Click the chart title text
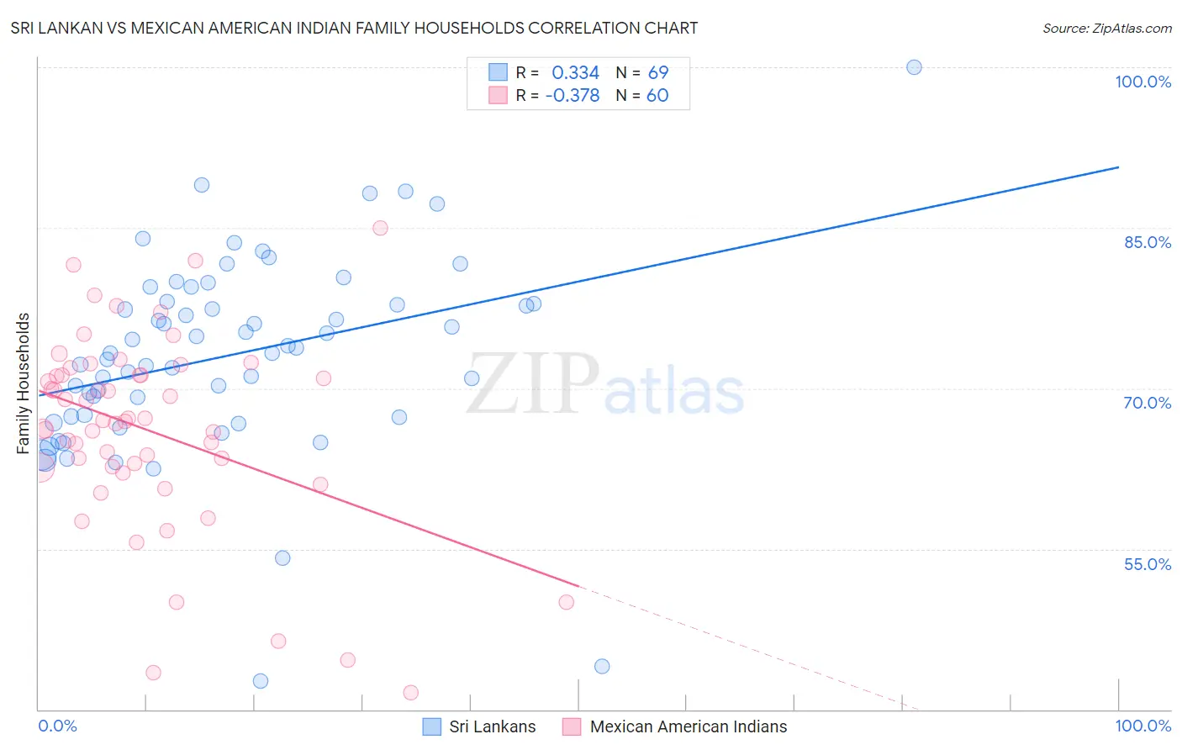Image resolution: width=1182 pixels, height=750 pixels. pos(354,28)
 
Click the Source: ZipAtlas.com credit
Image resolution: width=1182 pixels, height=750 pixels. pos(1106,28)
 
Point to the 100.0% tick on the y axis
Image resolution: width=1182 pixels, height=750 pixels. pos(1142,82)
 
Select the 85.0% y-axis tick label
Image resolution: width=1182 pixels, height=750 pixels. pos(1147,242)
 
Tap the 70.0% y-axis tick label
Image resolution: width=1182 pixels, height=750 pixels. pos(1147,403)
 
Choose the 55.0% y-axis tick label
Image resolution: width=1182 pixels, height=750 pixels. pos(1147,564)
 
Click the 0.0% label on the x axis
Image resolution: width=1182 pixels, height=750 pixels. pos(57,726)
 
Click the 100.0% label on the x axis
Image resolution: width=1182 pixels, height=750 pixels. pos(1142,726)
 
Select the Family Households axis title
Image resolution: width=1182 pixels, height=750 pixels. pos(24,383)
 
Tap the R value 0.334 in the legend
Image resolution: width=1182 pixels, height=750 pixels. pos(575,73)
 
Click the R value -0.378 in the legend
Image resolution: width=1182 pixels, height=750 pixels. pos(573,96)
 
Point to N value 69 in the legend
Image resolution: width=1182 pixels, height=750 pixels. pos(657,73)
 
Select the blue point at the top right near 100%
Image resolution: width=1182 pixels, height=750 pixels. pos(914,67)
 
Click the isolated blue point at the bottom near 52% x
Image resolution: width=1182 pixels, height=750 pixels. pos(602,666)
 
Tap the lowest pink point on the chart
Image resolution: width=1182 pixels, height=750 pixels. pos(411,693)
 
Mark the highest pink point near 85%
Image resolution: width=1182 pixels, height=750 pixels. pos(380,228)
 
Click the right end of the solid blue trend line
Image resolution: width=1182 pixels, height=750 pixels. pos(1118,167)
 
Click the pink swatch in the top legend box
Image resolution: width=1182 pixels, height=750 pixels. pos(499,96)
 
